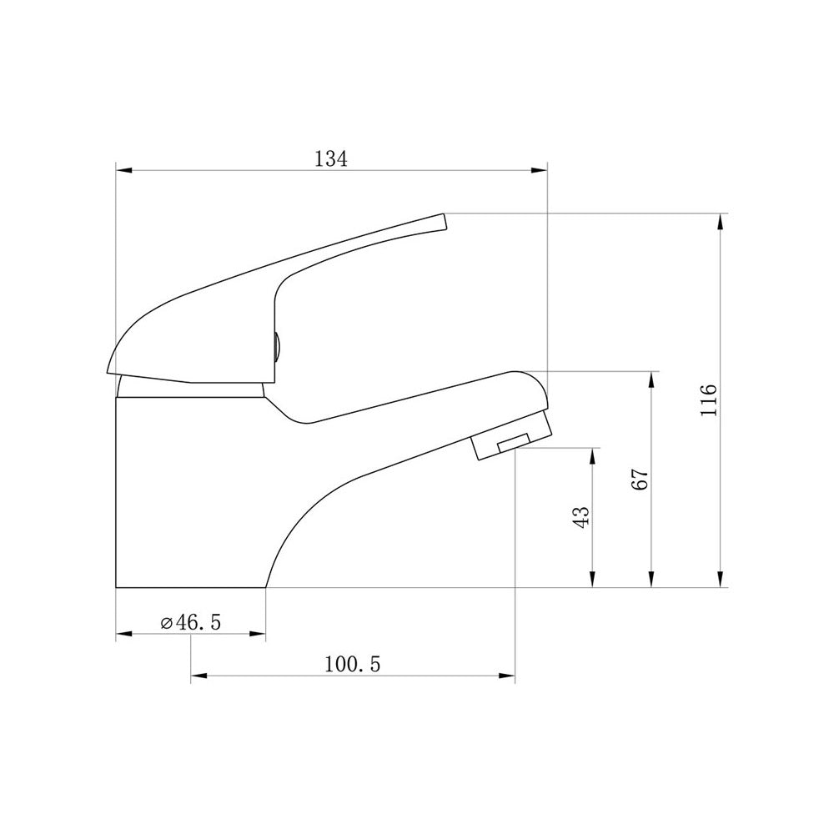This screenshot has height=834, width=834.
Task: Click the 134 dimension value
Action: (331, 158)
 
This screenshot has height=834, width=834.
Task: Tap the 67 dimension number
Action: (641, 480)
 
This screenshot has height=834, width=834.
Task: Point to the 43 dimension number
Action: (582, 516)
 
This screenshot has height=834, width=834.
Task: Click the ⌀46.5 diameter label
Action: (191, 622)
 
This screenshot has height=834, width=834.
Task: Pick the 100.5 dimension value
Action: (353, 664)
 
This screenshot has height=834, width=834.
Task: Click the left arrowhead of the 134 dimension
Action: (124, 171)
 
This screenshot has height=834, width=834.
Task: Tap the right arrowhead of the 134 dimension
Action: (539, 171)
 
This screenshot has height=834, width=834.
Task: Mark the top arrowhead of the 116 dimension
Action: (721, 222)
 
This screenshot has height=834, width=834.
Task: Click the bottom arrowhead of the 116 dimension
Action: (721, 580)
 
